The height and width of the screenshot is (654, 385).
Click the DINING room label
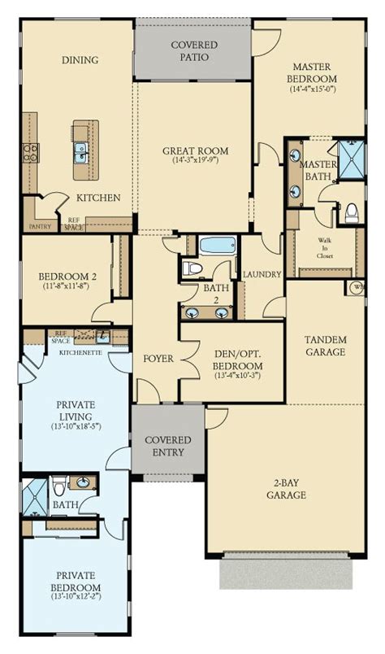79,59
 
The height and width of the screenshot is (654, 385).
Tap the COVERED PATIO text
193,51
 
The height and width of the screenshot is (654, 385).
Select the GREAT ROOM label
194,150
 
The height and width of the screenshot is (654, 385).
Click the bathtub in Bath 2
216,245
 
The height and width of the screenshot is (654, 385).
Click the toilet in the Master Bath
352,213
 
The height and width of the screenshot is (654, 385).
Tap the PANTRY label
40,227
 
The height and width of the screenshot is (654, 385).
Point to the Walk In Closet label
325,248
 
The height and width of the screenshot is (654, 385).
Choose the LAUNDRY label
262,275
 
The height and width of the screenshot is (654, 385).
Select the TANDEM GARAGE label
325,346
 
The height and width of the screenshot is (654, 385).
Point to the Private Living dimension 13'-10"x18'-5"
74,425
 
